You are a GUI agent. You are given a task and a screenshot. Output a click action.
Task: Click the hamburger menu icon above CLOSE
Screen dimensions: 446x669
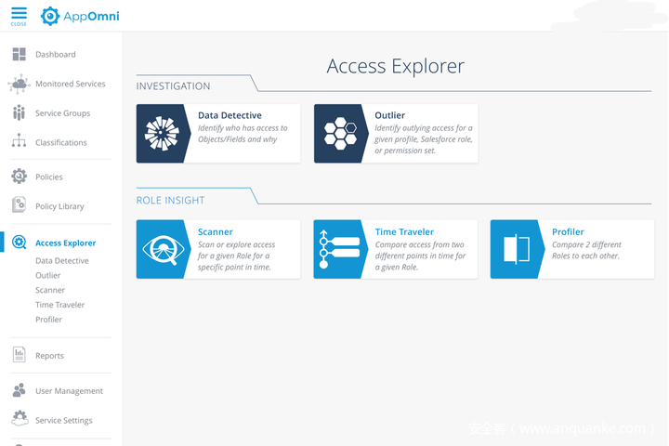pyautogui.click(x=19, y=13)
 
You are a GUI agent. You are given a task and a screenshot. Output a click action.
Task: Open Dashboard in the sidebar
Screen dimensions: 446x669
pyautogui.click(x=55, y=55)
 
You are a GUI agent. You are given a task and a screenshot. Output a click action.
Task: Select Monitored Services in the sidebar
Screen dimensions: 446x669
pyautogui.click(x=70, y=84)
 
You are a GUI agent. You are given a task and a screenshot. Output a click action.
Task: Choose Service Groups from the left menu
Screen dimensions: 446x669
pyautogui.click(x=62, y=113)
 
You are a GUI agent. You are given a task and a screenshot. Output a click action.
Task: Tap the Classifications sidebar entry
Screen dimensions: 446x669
pyautogui.click(x=60, y=143)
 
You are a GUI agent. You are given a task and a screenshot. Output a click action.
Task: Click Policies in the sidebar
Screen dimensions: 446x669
pyautogui.click(x=48, y=177)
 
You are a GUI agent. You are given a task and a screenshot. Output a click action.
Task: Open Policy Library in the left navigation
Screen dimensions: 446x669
pyautogui.click(x=59, y=206)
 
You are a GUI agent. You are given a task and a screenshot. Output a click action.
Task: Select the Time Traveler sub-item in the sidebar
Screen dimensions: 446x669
pyautogui.click(x=59, y=305)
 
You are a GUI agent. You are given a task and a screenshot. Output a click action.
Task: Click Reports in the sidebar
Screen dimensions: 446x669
pyautogui.click(x=49, y=356)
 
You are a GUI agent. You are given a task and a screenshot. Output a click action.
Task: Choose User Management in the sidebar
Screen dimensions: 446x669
pyautogui.click(x=69, y=391)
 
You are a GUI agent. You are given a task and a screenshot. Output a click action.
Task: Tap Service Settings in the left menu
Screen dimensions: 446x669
pyautogui.click(x=63, y=421)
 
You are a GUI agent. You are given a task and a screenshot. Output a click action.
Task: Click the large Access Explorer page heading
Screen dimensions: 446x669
pyautogui.click(x=395, y=66)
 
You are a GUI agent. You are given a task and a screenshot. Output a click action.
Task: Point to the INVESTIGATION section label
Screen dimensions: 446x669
pyautogui.click(x=173, y=86)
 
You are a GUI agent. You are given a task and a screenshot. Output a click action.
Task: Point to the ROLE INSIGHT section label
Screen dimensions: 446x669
pyautogui.click(x=170, y=201)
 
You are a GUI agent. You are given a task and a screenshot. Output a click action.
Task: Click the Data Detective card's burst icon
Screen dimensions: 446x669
pyautogui.click(x=162, y=134)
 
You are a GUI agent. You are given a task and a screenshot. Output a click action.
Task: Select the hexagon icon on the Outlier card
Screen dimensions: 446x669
pyautogui.click(x=339, y=134)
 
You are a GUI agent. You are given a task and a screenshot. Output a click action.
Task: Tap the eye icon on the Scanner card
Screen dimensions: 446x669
pyautogui.click(x=162, y=249)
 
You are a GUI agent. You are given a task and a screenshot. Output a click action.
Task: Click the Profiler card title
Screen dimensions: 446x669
pyautogui.click(x=568, y=232)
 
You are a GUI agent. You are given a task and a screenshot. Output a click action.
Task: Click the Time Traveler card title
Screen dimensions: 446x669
pyautogui.click(x=404, y=232)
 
